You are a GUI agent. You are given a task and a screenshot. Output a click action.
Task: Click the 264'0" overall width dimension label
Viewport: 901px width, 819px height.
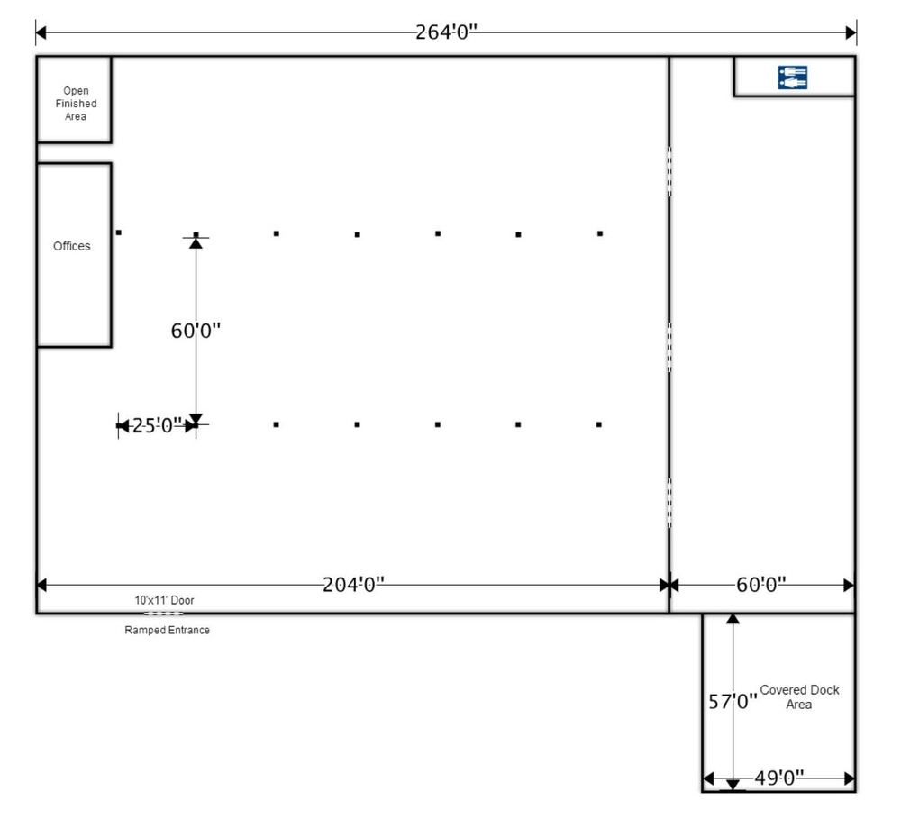click(x=447, y=32)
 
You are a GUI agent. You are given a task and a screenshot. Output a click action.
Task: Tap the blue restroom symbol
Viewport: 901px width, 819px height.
click(x=792, y=77)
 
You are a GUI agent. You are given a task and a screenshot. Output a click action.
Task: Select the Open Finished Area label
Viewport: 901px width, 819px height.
click(x=76, y=104)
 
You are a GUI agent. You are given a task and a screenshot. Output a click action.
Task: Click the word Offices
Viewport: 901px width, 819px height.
click(x=72, y=246)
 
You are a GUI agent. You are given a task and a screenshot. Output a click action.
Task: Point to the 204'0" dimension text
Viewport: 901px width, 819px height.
click(x=353, y=585)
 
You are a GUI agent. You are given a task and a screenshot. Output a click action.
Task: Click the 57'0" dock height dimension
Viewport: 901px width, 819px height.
click(x=733, y=702)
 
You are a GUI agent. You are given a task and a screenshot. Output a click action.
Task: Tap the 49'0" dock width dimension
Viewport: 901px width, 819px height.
click(x=779, y=778)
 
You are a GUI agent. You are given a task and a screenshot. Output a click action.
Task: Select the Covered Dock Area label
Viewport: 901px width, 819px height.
click(x=799, y=696)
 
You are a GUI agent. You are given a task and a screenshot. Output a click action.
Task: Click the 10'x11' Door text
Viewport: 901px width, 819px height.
click(x=164, y=600)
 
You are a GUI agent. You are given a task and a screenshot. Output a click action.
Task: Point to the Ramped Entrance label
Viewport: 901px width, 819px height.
click(x=168, y=630)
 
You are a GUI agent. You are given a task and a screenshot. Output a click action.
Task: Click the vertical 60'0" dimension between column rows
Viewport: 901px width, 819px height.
click(x=196, y=331)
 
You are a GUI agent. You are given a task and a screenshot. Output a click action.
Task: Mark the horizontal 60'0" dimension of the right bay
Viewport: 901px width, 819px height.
click(x=761, y=585)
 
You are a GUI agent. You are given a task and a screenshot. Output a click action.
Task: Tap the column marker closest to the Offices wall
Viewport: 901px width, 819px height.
click(x=118, y=232)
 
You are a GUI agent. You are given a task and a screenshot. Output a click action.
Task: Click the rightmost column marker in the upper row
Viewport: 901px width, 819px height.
click(x=600, y=233)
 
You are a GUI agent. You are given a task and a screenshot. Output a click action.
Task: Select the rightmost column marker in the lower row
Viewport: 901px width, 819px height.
click(x=599, y=424)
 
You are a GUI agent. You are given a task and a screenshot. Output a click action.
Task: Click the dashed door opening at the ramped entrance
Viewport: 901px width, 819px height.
click(x=164, y=614)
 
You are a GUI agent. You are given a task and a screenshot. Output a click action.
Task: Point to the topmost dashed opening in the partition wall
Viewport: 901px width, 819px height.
click(x=669, y=170)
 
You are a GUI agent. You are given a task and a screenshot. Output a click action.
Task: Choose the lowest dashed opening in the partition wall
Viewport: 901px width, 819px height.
click(x=669, y=503)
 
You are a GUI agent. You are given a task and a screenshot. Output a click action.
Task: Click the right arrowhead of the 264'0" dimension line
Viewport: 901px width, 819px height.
click(x=851, y=32)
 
